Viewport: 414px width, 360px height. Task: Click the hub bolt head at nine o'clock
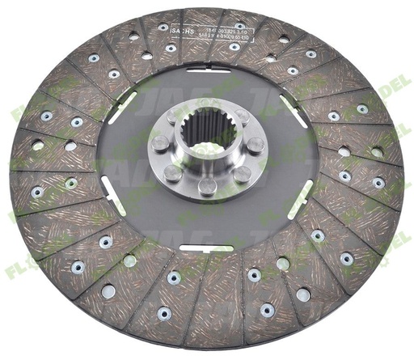point(159,142)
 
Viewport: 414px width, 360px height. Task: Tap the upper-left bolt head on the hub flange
point(173,116)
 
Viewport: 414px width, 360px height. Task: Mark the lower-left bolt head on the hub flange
point(171,172)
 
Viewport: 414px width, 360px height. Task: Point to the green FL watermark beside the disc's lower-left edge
point(18,269)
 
